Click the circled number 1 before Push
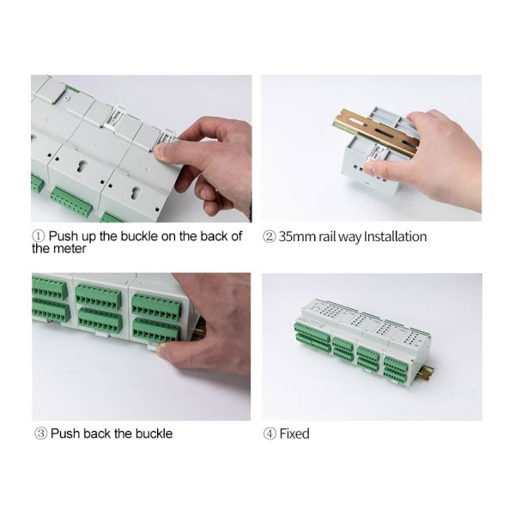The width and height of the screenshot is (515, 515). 38,236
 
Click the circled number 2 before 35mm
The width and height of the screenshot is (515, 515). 269,237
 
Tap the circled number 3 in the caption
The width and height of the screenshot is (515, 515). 40,433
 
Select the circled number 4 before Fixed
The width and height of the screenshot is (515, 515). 270,433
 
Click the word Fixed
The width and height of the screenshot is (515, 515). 294,433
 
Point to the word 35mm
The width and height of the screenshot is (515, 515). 297,237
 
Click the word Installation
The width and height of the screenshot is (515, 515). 396,237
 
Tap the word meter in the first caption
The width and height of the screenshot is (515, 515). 70,249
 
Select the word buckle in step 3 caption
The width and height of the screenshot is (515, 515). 154,433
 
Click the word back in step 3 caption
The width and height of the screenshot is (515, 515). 98,433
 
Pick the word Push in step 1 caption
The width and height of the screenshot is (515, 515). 64,236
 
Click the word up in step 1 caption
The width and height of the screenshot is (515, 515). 88,237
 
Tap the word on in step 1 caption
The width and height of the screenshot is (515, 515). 168,237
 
